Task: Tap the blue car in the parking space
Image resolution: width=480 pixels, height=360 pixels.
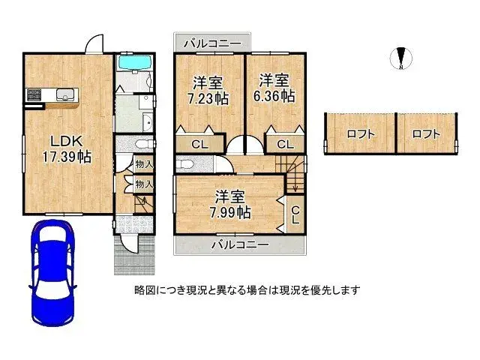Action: [52, 274]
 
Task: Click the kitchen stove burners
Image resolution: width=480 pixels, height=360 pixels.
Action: [34, 94]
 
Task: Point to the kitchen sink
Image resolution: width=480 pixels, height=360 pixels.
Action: [65, 94]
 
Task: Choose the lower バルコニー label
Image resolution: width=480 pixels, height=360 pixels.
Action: [239, 244]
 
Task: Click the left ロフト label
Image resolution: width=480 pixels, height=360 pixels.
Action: [360, 134]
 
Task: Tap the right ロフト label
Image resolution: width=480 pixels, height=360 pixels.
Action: [426, 134]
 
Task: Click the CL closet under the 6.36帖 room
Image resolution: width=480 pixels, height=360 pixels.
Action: [285, 143]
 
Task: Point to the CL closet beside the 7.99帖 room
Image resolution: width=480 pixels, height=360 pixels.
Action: [295, 215]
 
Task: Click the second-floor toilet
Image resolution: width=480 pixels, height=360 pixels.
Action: [184, 165]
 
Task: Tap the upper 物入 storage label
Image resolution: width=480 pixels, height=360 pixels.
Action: [144, 164]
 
